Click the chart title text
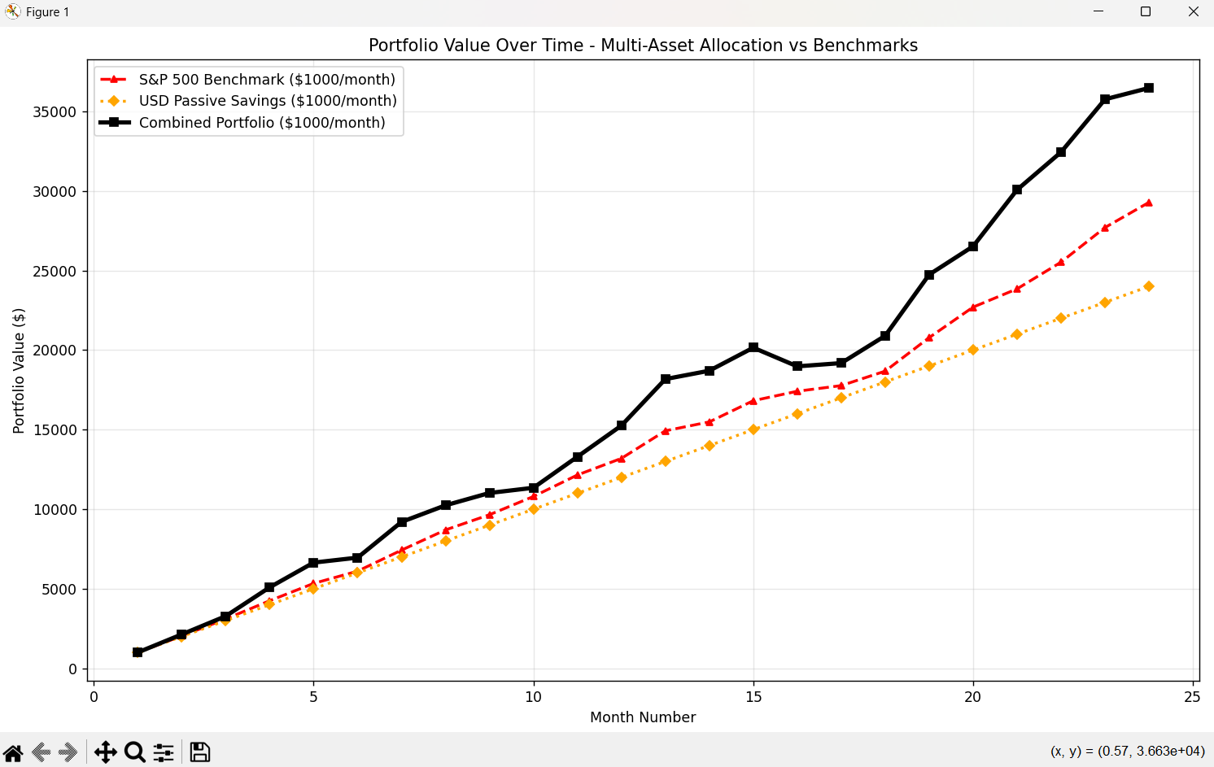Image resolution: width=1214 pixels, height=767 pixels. pyautogui.click(x=643, y=46)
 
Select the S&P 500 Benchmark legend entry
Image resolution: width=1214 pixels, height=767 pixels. pyautogui.click(x=266, y=80)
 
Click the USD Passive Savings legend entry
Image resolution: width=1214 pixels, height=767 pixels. pyautogui.click(x=267, y=101)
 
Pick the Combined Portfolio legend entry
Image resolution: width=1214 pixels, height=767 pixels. pyautogui.click(x=261, y=123)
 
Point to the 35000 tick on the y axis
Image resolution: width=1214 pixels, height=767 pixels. pyautogui.click(x=55, y=112)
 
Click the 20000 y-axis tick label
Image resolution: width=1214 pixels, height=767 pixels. pyautogui.click(x=55, y=351)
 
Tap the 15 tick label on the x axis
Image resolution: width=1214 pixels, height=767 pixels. pyautogui.click(x=753, y=697)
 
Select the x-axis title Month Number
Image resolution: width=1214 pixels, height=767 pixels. pyautogui.click(x=643, y=717)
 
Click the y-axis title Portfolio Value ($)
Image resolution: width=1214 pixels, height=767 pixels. pyautogui.click(x=19, y=371)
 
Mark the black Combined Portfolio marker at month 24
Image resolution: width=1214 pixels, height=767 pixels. pyautogui.click(x=1149, y=88)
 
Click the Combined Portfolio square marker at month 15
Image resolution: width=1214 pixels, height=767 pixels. pyautogui.click(x=753, y=347)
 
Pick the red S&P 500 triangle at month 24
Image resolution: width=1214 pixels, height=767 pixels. pyautogui.click(x=1149, y=203)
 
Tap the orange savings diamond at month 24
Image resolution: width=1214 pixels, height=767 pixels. pyautogui.click(x=1149, y=286)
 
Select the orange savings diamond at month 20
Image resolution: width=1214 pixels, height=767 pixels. pyautogui.click(x=973, y=350)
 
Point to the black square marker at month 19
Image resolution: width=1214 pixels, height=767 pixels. pyautogui.click(x=929, y=275)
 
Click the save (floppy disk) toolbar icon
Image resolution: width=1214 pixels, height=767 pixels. pyautogui.click(x=200, y=752)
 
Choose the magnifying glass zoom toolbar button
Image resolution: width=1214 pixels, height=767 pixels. pyautogui.click(x=135, y=752)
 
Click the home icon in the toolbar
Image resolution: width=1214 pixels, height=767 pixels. pyautogui.click(x=13, y=752)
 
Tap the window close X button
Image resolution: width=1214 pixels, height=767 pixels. pyautogui.click(x=1194, y=12)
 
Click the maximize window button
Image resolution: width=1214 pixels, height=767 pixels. pyautogui.click(x=1146, y=12)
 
